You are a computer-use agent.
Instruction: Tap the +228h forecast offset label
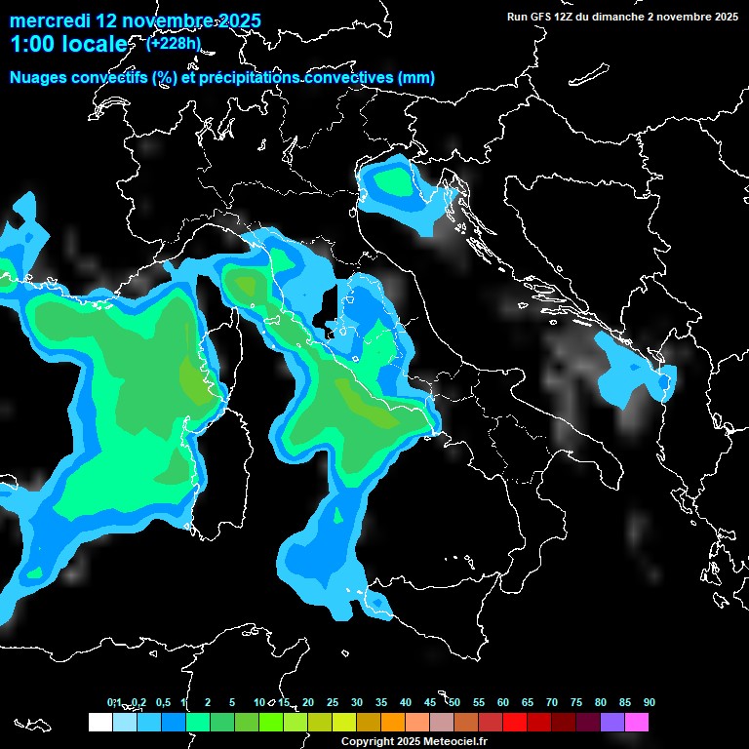(174, 43)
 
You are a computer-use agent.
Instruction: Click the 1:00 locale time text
(68, 44)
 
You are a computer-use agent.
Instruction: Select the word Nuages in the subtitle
(40, 78)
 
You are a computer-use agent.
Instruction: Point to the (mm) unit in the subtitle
(417, 78)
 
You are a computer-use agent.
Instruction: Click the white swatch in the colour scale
(99, 722)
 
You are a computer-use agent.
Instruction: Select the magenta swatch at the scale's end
(637, 722)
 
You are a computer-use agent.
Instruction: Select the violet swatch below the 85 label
(612, 722)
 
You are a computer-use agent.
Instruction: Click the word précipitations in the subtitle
(255, 78)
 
